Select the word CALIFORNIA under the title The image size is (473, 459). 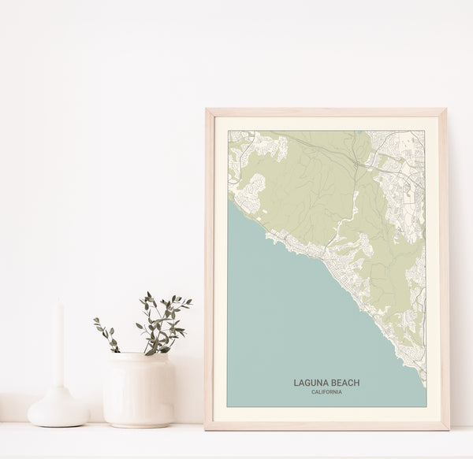click(326, 392)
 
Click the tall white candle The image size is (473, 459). click(58, 346)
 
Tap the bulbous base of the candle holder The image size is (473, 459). click(58, 409)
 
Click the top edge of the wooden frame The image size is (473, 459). click(326, 112)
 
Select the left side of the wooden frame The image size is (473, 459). click(209, 268)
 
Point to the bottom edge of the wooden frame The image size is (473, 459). click(326, 426)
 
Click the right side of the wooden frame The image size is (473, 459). click(444, 268)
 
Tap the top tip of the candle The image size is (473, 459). click(58, 304)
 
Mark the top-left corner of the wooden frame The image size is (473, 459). click(207, 111)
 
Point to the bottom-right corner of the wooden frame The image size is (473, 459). click(446, 427)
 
